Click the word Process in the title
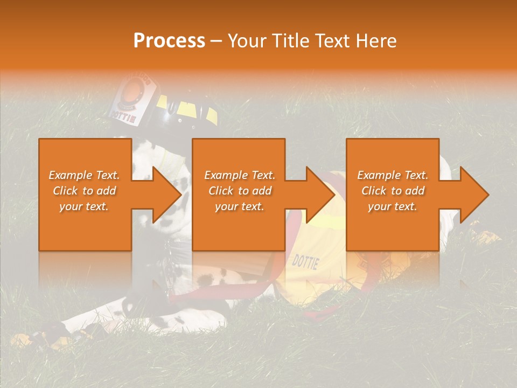(x=169, y=41)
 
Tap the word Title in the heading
(x=289, y=41)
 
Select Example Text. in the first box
(x=84, y=175)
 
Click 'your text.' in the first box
(x=84, y=206)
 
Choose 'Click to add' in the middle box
(x=240, y=191)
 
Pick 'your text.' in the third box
(x=393, y=206)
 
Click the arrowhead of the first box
(x=167, y=195)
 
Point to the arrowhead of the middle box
(x=321, y=195)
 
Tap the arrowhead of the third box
(x=474, y=195)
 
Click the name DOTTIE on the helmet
(x=123, y=115)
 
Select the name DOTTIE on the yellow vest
(x=305, y=262)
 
